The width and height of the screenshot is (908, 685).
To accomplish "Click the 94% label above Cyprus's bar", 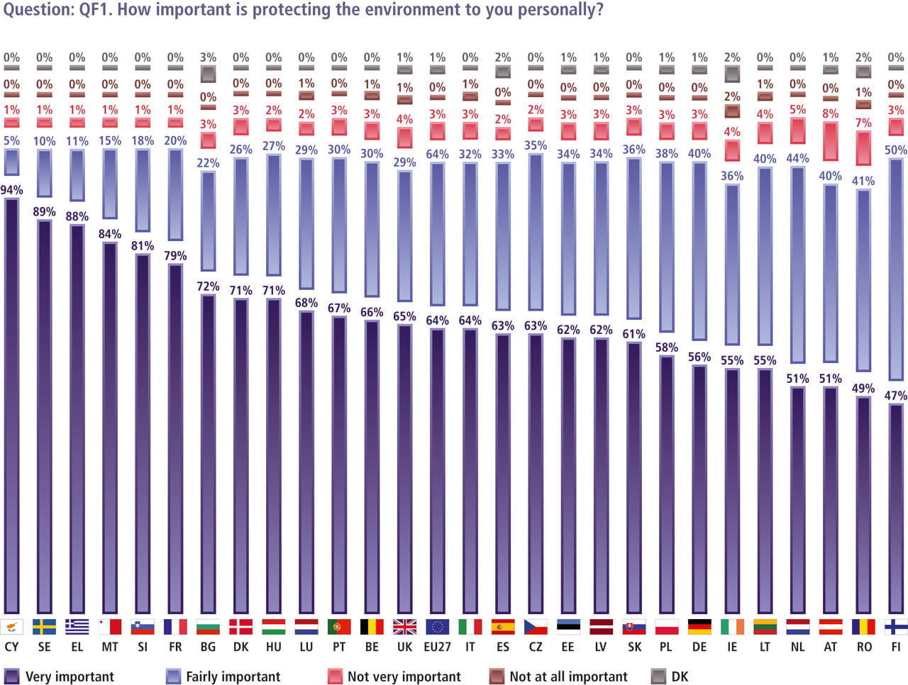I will (x=12, y=190).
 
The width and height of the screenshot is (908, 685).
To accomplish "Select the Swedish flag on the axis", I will (x=45, y=627).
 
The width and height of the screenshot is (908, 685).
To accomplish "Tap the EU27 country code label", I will (x=437, y=647).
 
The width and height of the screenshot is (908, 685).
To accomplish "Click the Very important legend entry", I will (x=60, y=676).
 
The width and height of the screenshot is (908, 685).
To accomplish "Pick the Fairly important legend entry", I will (x=223, y=676).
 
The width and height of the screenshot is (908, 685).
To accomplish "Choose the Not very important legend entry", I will (x=394, y=676).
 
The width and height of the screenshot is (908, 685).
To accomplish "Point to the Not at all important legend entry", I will (x=559, y=676).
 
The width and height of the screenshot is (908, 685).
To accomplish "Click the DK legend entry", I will (x=670, y=676).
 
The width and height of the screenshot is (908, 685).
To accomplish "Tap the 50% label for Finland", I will (x=896, y=150).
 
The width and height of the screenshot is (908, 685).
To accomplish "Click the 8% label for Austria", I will (x=831, y=113).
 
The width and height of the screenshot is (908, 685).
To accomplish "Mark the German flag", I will (x=699, y=627).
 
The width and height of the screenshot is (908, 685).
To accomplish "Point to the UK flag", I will (x=404, y=627).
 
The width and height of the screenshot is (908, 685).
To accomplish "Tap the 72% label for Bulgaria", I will (x=208, y=286).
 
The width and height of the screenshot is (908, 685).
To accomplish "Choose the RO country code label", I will (x=863, y=647).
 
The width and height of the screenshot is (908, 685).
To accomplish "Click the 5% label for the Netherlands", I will (x=798, y=110).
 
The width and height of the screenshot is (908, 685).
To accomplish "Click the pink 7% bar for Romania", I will (x=863, y=147).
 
